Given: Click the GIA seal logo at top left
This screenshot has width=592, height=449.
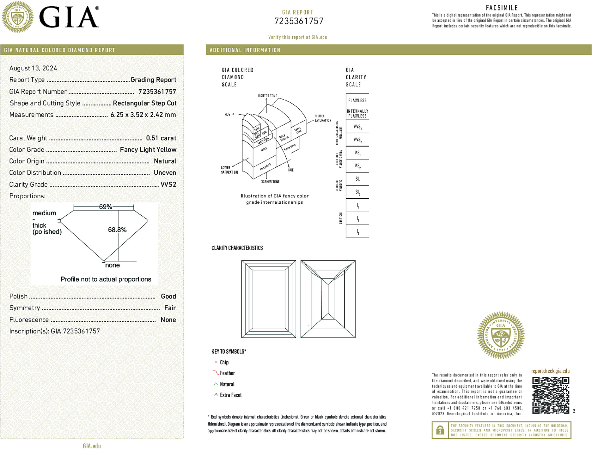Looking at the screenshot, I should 17,17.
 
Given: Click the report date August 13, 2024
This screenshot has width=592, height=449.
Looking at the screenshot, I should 33,68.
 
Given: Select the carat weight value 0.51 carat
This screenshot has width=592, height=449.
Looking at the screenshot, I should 161,138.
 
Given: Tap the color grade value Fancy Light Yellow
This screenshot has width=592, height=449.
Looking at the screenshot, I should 148,150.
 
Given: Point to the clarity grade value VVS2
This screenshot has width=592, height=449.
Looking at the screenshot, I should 168,184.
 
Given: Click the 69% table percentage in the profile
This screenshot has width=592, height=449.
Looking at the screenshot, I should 105,207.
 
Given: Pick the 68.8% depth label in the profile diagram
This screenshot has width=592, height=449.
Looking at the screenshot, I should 117,230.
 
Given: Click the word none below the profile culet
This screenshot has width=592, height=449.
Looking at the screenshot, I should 112,265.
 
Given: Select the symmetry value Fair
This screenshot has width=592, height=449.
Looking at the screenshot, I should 170,308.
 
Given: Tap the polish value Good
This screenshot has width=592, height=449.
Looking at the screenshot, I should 168,296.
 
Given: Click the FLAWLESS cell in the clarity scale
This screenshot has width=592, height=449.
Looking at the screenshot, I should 357,100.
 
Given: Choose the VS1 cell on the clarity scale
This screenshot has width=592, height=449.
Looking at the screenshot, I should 357,153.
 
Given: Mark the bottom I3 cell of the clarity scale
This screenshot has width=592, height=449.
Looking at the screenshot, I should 357,231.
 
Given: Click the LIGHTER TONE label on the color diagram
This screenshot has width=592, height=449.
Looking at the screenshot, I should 267,96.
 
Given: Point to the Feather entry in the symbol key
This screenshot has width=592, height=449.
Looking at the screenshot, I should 227,373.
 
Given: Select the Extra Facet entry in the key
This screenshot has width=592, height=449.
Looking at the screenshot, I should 230,395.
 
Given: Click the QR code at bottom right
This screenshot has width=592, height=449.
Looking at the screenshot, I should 550,395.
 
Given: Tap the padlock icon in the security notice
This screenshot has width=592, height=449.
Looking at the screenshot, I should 440,430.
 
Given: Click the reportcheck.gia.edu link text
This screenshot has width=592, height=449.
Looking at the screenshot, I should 550,371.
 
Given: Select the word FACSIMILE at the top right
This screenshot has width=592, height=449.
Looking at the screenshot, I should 502,8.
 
